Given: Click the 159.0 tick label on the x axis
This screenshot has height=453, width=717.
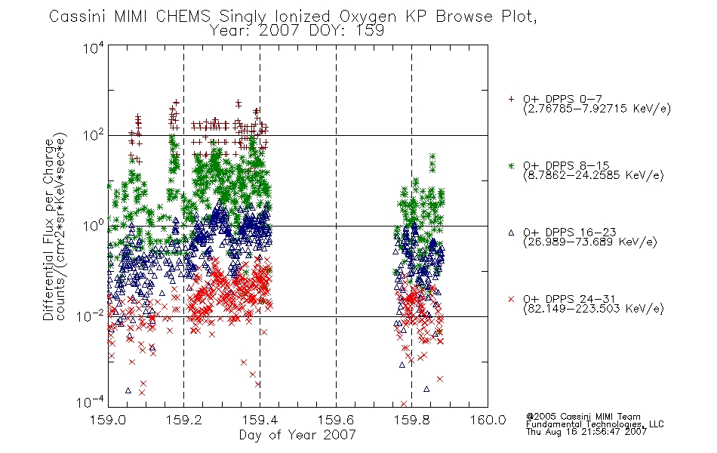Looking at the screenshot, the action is (108, 420).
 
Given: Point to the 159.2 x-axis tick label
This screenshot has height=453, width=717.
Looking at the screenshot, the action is (184, 420).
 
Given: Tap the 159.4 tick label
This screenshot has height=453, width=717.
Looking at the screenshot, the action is (260, 420).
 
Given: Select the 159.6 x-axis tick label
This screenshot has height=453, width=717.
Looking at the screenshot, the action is (336, 420).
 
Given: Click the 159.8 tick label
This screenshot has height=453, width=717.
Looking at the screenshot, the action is (412, 420).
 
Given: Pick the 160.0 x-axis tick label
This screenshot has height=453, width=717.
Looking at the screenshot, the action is (488, 420).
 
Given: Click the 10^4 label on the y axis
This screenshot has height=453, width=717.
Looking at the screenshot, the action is (94, 48).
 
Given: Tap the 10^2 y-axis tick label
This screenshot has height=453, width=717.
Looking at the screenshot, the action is (94, 135).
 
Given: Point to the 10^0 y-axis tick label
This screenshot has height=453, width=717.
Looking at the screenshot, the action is (94, 226).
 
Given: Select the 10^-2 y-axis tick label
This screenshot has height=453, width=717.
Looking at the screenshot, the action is (91, 316).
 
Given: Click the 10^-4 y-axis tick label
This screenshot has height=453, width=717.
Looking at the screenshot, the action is (91, 402).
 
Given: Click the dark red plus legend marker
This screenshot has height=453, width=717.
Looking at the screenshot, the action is (511, 99).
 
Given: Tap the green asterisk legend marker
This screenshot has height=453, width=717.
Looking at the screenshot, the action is (511, 166).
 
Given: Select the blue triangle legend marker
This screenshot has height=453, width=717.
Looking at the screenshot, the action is (511, 233).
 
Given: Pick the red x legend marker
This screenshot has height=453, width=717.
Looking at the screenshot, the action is (511, 299).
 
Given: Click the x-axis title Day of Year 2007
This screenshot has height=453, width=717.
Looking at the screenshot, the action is (297, 435).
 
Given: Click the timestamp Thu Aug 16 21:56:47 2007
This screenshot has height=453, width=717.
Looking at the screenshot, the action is (586, 432).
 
